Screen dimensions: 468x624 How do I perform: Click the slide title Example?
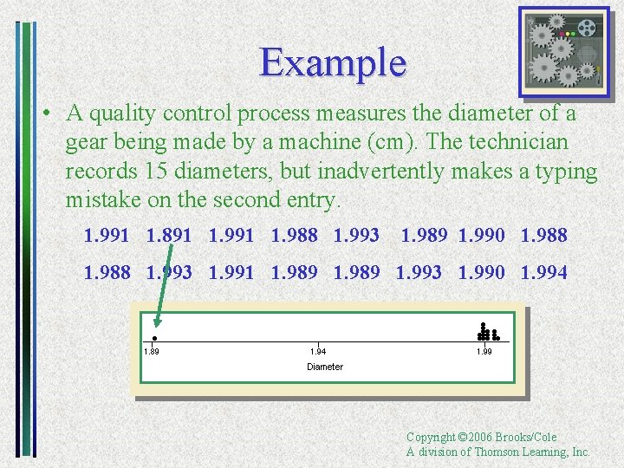click(x=333, y=62)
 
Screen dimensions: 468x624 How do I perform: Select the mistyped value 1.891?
click(x=168, y=235)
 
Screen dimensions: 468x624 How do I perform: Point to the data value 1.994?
click(x=543, y=272)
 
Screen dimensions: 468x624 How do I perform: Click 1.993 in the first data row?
click(x=356, y=235)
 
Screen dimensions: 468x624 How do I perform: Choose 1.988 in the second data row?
click(x=107, y=272)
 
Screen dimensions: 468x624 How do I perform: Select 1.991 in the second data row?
click(x=231, y=272)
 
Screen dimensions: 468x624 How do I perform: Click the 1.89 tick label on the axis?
click(x=152, y=351)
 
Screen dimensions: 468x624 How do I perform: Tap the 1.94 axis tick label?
click(x=318, y=351)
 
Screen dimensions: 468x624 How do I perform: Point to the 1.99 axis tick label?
click(x=484, y=351)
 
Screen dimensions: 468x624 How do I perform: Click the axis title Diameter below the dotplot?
click(x=325, y=367)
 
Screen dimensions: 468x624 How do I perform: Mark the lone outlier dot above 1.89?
click(x=154, y=337)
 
